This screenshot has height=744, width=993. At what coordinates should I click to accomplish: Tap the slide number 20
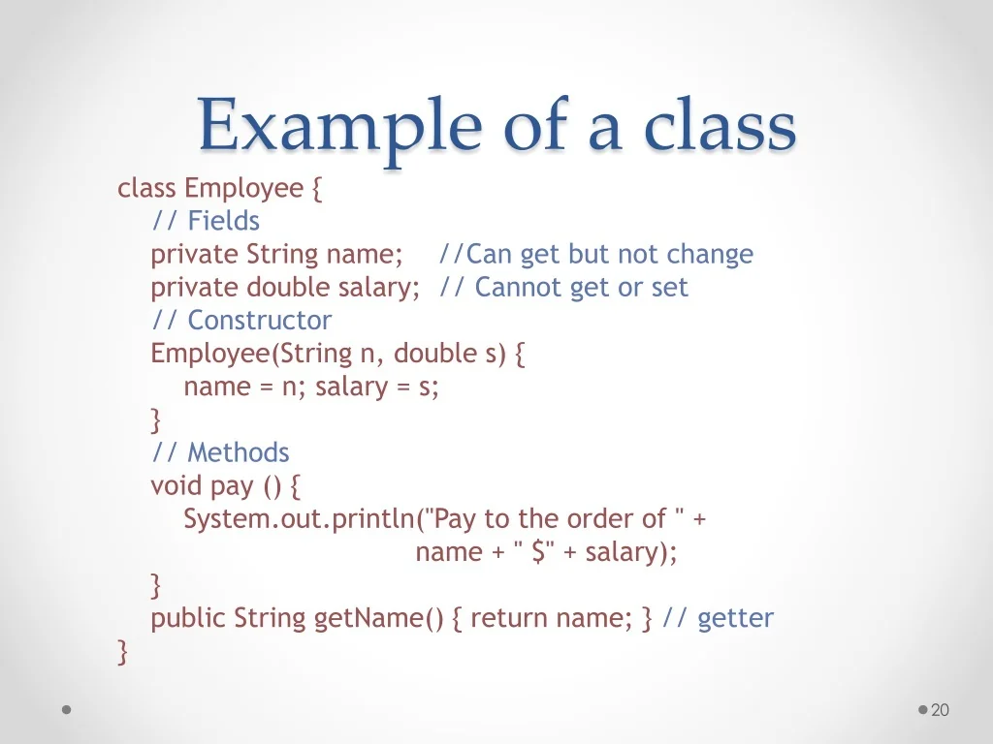[940, 710]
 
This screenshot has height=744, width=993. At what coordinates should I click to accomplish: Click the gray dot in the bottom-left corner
[67, 710]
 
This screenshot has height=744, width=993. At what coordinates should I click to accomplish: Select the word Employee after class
[243, 189]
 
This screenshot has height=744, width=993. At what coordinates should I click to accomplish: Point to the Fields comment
[206, 221]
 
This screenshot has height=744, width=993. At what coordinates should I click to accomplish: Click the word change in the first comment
[710, 255]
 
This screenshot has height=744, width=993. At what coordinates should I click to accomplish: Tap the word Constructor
[260, 320]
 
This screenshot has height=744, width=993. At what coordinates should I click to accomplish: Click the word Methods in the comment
[239, 453]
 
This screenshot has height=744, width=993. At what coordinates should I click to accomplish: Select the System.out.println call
[301, 519]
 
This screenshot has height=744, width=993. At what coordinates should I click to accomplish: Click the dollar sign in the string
[539, 551]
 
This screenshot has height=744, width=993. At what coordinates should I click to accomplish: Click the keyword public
[188, 618]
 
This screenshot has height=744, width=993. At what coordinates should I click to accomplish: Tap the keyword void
[176, 486]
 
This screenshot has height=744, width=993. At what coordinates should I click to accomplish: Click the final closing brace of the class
[123, 652]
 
